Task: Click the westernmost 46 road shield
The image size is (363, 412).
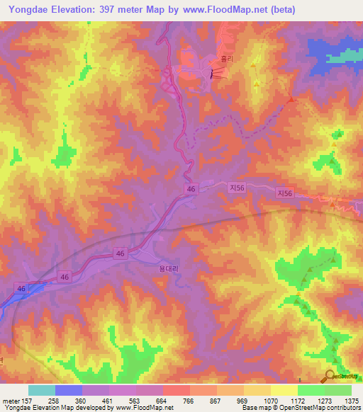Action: click(21, 288)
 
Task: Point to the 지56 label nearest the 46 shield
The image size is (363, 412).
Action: click(237, 188)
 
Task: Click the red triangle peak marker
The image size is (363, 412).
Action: click(291, 100)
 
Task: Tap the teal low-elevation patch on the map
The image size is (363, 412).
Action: click(346, 55)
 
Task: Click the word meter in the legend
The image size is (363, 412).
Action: click(11, 400)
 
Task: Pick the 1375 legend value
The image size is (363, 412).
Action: click(352, 400)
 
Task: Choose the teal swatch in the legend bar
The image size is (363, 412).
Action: click(42, 390)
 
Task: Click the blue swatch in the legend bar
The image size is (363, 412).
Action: click(69, 390)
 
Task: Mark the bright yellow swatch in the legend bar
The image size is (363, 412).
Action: click(284, 390)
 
